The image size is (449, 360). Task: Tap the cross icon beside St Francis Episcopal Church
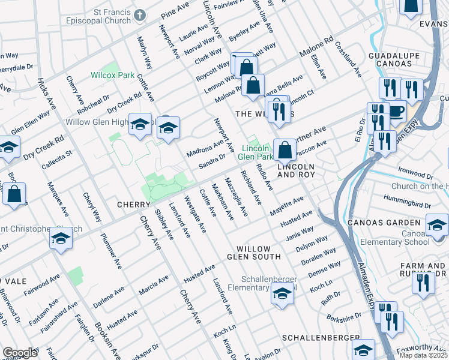(x=140, y=15)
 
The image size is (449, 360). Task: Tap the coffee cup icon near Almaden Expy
(x=396, y=111)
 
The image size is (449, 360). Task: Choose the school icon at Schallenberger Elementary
(x=280, y=293)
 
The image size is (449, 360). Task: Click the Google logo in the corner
(x=20, y=353)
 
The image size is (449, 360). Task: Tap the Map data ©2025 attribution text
(x=423, y=355)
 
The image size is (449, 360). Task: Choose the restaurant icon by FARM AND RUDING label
(x=423, y=282)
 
